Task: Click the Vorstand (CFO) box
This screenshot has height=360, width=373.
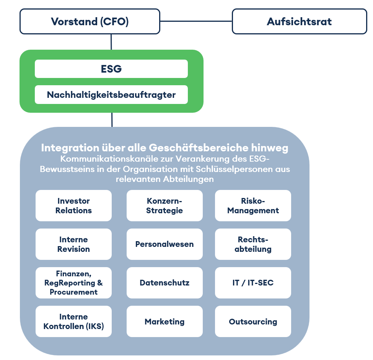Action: tap(90, 21)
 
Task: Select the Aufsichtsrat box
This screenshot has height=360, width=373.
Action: tap(299, 21)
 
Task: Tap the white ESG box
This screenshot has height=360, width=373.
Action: tap(111, 69)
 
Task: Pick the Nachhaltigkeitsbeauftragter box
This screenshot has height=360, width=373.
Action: tap(111, 95)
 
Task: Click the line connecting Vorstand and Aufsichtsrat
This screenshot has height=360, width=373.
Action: tap(196, 21)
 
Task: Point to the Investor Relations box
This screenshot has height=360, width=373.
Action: tap(73, 206)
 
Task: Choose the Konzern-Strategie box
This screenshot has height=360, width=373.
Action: tap(165, 206)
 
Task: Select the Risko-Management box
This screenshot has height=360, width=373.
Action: tap(253, 206)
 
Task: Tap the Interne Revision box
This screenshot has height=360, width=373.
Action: tap(73, 244)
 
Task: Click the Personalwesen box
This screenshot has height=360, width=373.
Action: tap(165, 244)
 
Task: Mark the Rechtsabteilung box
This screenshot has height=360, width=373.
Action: tap(253, 244)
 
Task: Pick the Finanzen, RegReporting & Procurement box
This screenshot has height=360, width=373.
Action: tap(73, 283)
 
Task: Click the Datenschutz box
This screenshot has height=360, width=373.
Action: tap(165, 283)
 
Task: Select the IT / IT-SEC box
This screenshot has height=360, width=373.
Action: tap(253, 283)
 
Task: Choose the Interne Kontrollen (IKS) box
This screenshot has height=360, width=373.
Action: tap(73, 321)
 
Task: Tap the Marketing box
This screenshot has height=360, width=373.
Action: tap(165, 321)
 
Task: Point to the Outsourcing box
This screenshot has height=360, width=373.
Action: tap(253, 321)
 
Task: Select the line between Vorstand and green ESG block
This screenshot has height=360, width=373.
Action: tap(111, 42)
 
